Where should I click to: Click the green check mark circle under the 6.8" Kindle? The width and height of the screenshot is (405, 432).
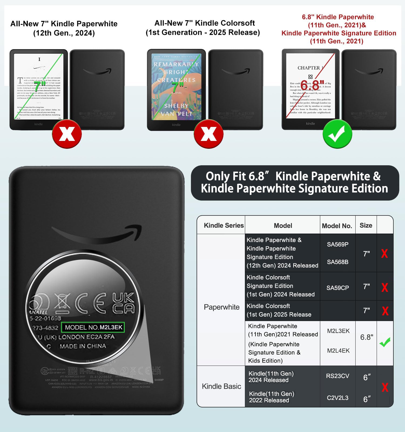337,134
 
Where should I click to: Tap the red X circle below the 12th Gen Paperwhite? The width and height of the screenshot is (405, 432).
67,134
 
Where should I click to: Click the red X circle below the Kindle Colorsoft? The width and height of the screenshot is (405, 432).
208,134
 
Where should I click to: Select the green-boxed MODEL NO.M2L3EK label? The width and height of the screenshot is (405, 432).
93,327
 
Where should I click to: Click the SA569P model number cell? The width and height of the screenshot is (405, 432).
337,244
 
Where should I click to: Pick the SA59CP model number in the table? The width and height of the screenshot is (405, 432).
337,288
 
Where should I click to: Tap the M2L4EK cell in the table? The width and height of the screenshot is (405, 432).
338,350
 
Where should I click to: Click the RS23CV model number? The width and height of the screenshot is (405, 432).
337,376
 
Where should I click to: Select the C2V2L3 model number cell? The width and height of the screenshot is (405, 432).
337,398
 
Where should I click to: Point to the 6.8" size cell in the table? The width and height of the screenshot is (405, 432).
367,337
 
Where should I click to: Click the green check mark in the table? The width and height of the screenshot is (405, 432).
385,342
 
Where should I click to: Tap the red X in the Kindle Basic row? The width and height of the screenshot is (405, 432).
385,387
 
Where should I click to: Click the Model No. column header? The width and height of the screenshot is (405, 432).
337,226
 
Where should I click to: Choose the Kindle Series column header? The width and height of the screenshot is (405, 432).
224,225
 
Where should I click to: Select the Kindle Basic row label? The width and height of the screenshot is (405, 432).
221,386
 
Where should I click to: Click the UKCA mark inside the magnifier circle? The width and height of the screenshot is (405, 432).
123,303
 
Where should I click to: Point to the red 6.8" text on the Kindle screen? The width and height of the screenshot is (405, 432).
312,85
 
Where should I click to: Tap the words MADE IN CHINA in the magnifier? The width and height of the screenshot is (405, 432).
83,346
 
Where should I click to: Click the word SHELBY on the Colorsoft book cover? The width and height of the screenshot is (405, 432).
176,106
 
